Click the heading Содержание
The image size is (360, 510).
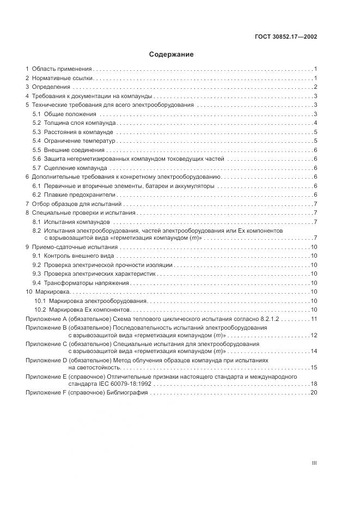tap(172, 54)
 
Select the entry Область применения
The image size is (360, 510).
tap(62, 69)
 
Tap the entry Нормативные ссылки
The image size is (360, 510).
tap(63, 78)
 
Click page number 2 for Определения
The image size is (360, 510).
tap(315, 87)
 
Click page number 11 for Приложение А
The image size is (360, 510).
tap(314, 319)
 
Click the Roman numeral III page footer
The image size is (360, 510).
tap(314, 463)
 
